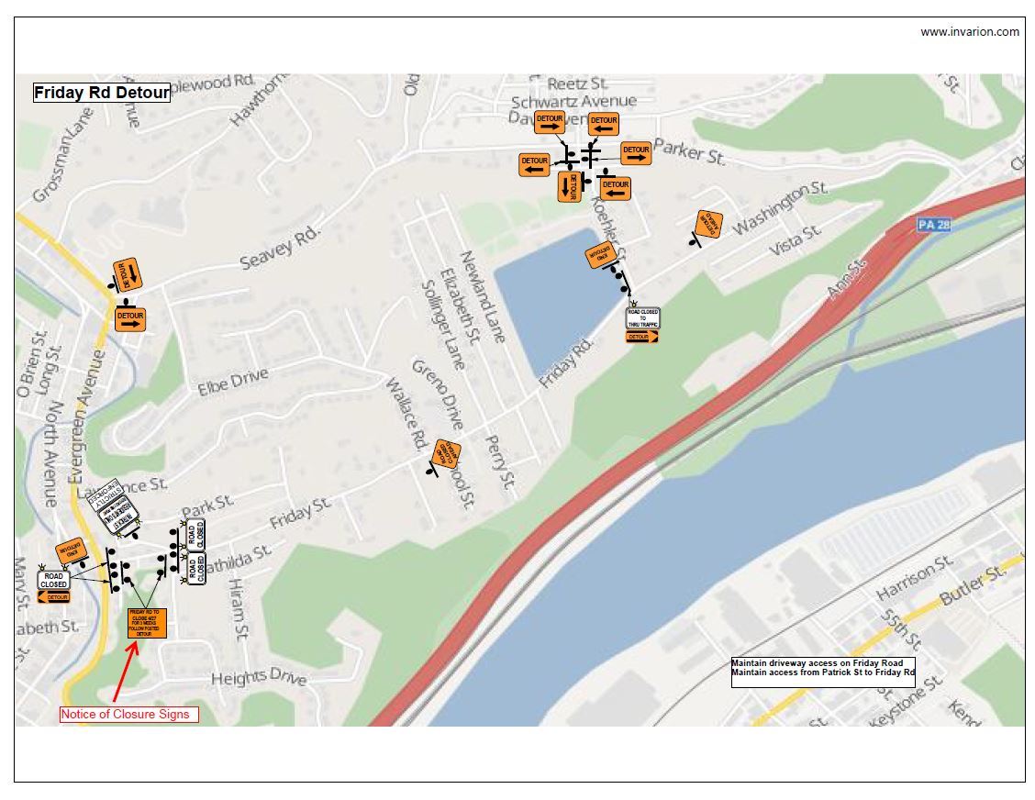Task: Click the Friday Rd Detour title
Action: click(x=102, y=93)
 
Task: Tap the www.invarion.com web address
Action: click(x=969, y=32)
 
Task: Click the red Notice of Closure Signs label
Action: click(x=128, y=714)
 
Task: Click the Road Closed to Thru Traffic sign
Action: click(x=643, y=318)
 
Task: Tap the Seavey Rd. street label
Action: click(x=280, y=248)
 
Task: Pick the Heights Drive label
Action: click(x=259, y=678)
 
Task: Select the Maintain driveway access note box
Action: click(x=822, y=668)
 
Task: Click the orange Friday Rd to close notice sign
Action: click(x=147, y=623)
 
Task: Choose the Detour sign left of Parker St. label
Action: click(x=635, y=153)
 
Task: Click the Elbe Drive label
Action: click(x=233, y=381)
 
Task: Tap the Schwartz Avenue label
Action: click(x=573, y=101)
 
